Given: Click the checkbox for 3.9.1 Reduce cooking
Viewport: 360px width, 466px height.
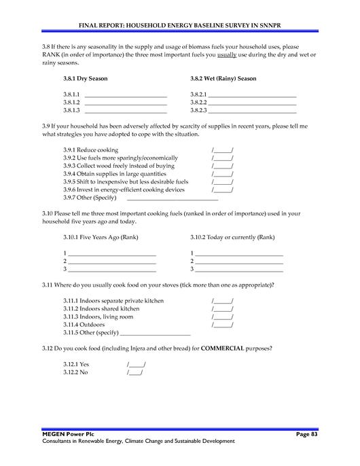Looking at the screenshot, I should [x=222, y=150].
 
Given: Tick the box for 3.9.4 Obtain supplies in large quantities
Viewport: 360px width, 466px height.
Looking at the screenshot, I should [x=222, y=174].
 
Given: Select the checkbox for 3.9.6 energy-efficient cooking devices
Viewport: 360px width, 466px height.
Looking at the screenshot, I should [x=222, y=190].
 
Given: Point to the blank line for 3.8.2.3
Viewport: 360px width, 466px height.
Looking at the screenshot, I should [x=252, y=110].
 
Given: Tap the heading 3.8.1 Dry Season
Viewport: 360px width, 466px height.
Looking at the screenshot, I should [x=85, y=79].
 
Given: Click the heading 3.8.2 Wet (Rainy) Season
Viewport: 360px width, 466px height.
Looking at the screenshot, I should [x=223, y=79].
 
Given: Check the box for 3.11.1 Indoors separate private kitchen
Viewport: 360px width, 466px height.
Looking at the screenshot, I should [x=222, y=301].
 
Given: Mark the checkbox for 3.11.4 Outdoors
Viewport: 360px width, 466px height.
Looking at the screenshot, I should [x=222, y=325].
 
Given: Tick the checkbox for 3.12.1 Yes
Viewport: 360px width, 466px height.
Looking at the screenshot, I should [x=136, y=365].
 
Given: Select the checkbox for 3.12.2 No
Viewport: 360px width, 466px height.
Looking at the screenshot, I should [x=134, y=373].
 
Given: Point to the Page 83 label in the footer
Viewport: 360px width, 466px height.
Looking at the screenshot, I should [x=306, y=433].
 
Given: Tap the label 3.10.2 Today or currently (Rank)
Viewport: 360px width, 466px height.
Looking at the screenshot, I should [x=232, y=238].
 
